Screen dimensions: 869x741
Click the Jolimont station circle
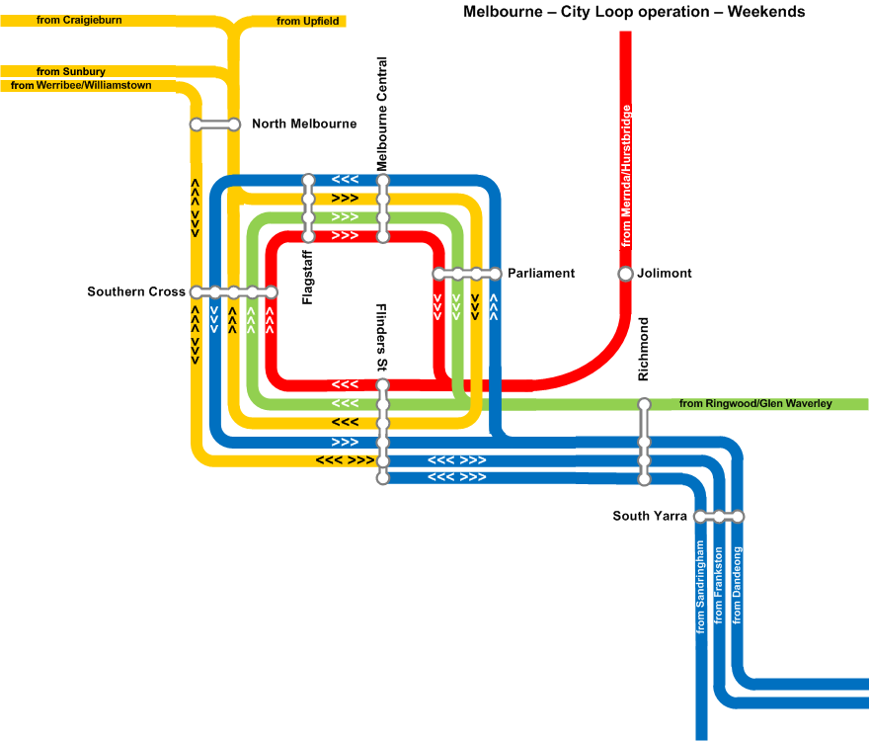[625, 274]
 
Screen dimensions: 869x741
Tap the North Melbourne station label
[304, 123]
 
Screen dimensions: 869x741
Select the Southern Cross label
[136, 291]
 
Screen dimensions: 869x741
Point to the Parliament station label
[541, 273]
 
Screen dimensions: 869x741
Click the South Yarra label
[650, 516]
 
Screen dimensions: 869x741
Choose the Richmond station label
[643, 349]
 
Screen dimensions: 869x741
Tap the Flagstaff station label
[307, 278]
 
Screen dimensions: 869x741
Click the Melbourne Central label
[382, 115]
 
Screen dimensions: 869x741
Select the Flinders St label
[382, 337]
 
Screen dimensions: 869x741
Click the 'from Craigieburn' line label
[79, 20]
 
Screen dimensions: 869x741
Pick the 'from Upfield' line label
[307, 21]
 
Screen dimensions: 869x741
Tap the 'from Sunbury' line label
[71, 71]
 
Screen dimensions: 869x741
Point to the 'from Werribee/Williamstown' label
[81, 85]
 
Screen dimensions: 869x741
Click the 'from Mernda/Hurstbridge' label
[626, 176]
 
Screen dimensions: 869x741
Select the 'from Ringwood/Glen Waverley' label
[755, 403]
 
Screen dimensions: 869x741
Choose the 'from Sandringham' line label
[700, 587]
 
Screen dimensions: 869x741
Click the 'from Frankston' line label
[718, 585]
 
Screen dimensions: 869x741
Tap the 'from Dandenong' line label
[737, 585]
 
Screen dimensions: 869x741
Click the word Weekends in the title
[766, 12]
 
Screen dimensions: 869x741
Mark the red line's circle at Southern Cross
[271, 291]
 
